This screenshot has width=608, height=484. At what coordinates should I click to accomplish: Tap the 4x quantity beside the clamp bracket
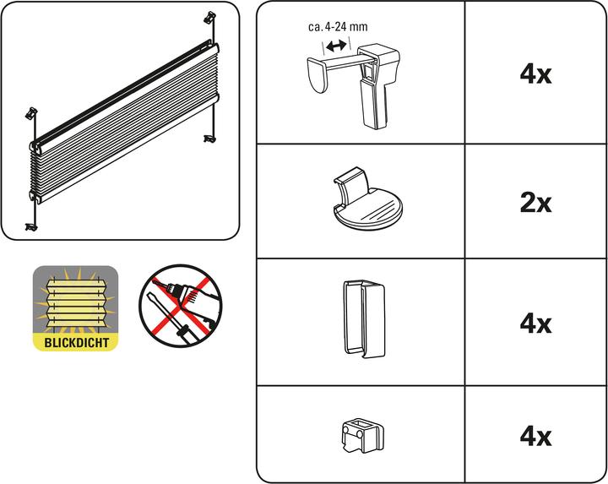click(535, 74)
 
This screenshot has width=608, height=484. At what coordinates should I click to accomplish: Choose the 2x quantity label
click(535, 203)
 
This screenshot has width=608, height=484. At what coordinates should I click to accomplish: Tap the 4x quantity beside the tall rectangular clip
click(535, 324)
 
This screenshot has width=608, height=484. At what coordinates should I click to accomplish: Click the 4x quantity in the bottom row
click(535, 436)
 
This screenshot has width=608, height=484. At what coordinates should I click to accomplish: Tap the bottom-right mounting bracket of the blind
click(209, 135)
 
